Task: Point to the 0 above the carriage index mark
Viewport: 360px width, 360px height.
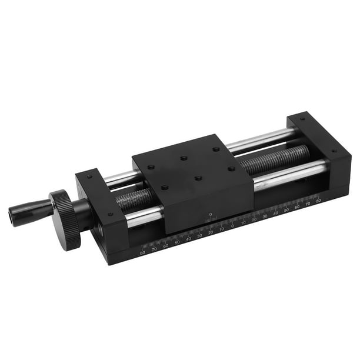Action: click(x=210, y=214)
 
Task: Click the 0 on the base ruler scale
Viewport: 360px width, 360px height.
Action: click(x=232, y=225)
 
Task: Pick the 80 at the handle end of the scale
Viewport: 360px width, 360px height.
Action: click(x=143, y=253)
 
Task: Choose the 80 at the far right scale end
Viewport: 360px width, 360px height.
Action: click(x=318, y=201)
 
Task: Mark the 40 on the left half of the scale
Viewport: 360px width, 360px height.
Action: click(x=188, y=239)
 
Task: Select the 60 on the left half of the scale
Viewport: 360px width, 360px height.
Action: click(x=166, y=246)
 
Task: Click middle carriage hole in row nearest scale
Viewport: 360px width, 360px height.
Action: click(x=198, y=178)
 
